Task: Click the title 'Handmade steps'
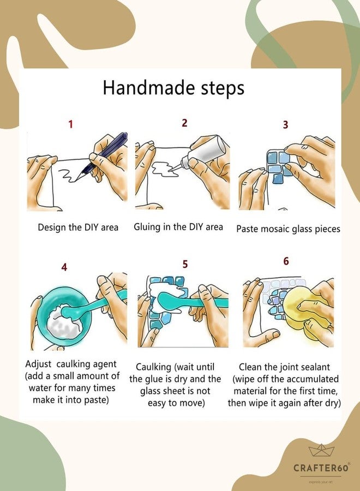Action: pyautogui.click(x=173, y=88)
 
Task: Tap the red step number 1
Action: pyautogui.click(x=71, y=124)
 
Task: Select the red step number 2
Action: pyautogui.click(x=184, y=123)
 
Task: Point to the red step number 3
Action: pyautogui.click(x=285, y=124)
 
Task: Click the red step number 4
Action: pyautogui.click(x=64, y=267)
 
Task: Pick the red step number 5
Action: pyautogui.click(x=185, y=264)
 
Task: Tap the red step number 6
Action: pyautogui.click(x=286, y=261)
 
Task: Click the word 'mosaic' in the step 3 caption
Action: pyautogui.click(x=275, y=229)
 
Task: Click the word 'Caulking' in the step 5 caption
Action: pyautogui.click(x=153, y=367)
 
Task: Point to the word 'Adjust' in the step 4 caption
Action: pyautogui.click(x=38, y=364)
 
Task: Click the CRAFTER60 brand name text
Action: pyautogui.click(x=321, y=468)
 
